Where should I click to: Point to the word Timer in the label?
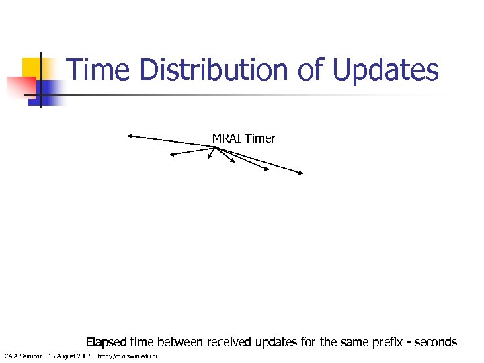click(x=260, y=138)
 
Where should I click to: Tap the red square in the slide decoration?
click(x=19, y=87)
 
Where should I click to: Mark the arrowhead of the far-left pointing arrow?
click(x=129, y=137)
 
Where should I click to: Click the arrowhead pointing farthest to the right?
click(x=302, y=173)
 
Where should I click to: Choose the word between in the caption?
click(x=180, y=342)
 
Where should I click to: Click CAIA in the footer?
click(x=11, y=355)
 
